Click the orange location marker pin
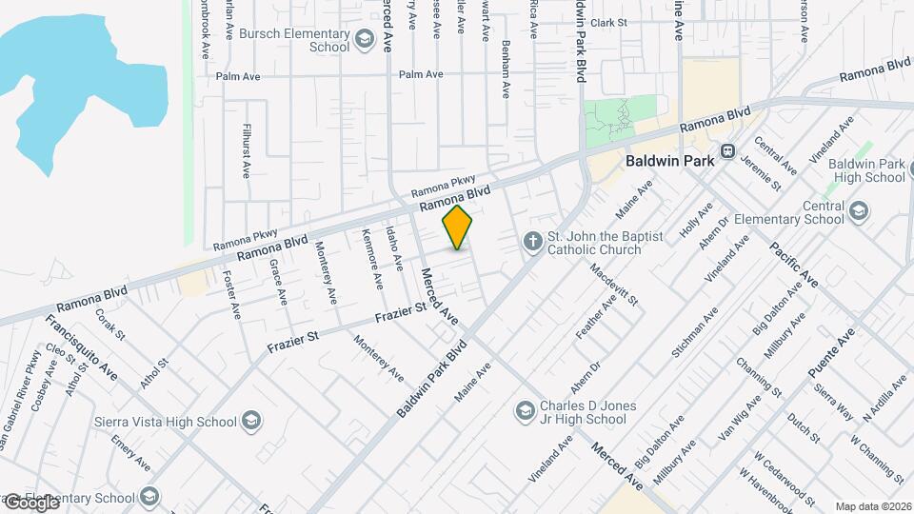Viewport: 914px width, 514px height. pos(458,227)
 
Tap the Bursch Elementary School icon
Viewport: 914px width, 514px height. pos(363,40)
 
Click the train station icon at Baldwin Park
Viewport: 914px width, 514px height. pos(728,150)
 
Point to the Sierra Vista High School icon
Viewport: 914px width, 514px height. pos(250,422)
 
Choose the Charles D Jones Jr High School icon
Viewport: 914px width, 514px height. pos(524,411)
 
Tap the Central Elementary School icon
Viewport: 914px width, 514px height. pos(859,211)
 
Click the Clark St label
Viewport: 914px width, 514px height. pos(608,22)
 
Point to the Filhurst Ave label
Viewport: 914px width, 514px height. pos(246,151)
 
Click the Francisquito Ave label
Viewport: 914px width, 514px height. pos(82,348)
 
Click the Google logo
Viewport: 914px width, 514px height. pos(31,503)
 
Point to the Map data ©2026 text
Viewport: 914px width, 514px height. pos(872,506)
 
